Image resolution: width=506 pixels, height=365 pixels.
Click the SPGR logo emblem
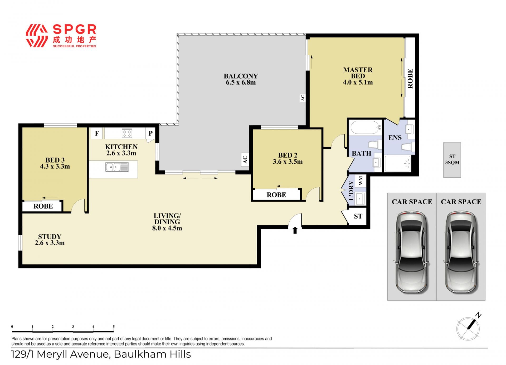click(37, 36)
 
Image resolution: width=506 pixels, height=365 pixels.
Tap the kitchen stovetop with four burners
click(127, 133)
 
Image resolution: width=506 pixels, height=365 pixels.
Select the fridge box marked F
click(97, 133)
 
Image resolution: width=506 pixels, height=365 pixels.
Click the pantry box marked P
click(150, 133)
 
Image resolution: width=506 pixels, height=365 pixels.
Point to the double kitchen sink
click(117, 167)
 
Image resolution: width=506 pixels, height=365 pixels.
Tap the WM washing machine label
click(361, 181)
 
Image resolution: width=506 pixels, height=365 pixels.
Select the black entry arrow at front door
click(295, 230)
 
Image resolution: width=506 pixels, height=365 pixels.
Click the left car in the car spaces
click(412, 252)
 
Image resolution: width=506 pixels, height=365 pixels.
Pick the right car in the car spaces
click(461, 252)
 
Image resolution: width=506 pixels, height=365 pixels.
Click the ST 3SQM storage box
click(452, 160)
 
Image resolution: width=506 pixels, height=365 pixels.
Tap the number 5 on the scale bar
click(114, 326)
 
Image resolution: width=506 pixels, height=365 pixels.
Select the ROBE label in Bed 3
click(43, 206)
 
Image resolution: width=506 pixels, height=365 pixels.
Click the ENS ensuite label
click(395, 138)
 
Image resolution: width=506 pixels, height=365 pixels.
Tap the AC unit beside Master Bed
click(303, 98)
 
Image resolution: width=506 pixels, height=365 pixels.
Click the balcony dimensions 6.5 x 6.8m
click(241, 82)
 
